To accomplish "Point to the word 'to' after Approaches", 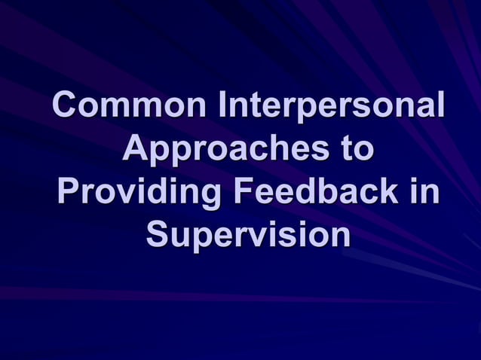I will tap(354, 148).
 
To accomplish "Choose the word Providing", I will tap(139, 191).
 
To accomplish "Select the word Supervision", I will tap(249, 234).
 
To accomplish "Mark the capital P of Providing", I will tap(66, 191).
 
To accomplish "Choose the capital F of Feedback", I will tap(243, 191).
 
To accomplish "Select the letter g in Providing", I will tap(211, 194).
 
